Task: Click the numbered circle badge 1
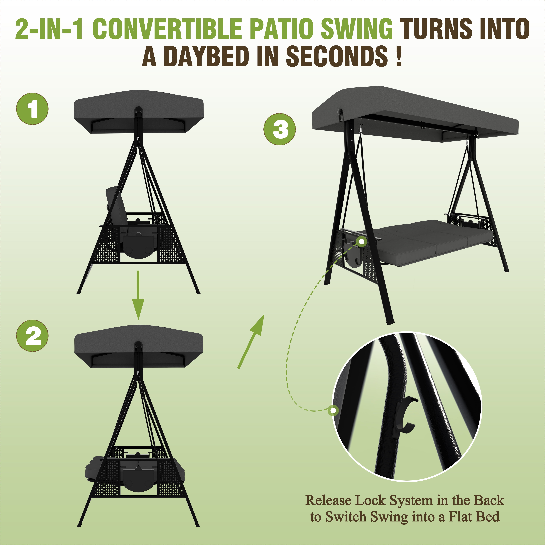point(32,109)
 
